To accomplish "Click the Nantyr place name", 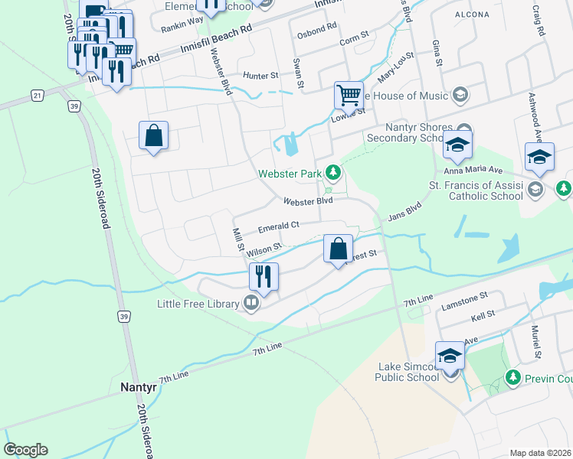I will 139,387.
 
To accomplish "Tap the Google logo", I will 25,450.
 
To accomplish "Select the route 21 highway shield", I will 37,94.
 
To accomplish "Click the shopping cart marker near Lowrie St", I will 349,96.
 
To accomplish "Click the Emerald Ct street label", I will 277,228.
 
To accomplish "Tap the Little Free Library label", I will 202,304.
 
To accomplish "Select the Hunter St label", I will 260,76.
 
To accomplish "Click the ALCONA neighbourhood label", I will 466,13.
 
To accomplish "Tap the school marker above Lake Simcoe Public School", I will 450,355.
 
